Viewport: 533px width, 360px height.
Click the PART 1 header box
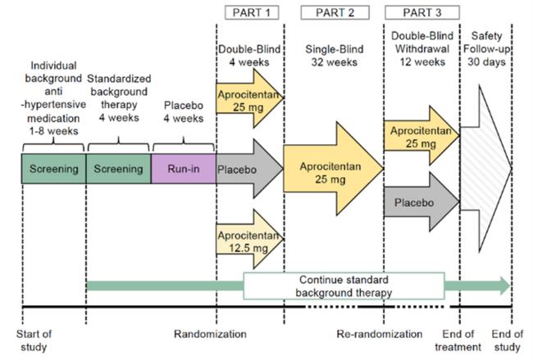coord(249,12)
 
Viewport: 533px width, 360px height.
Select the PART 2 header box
coord(333,12)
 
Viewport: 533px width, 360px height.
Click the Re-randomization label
coord(380,335)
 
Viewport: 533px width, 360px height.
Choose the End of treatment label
coord(457,339)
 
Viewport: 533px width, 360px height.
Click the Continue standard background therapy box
coord(332,285)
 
